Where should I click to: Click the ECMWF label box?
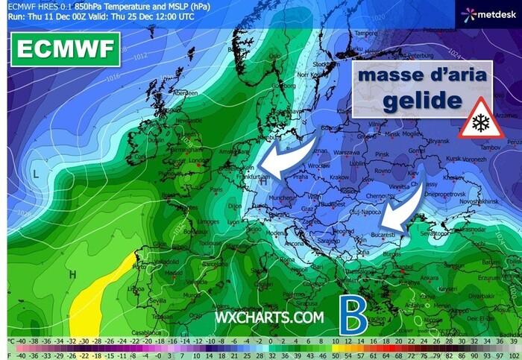pos(64,49)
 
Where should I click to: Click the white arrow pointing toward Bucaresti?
pos(408,210)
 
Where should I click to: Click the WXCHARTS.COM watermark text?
pos(269,317)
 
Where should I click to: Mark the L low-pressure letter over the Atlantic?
pos(35,173)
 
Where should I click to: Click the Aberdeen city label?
pos(186,93)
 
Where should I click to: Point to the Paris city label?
pos(217,189)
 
